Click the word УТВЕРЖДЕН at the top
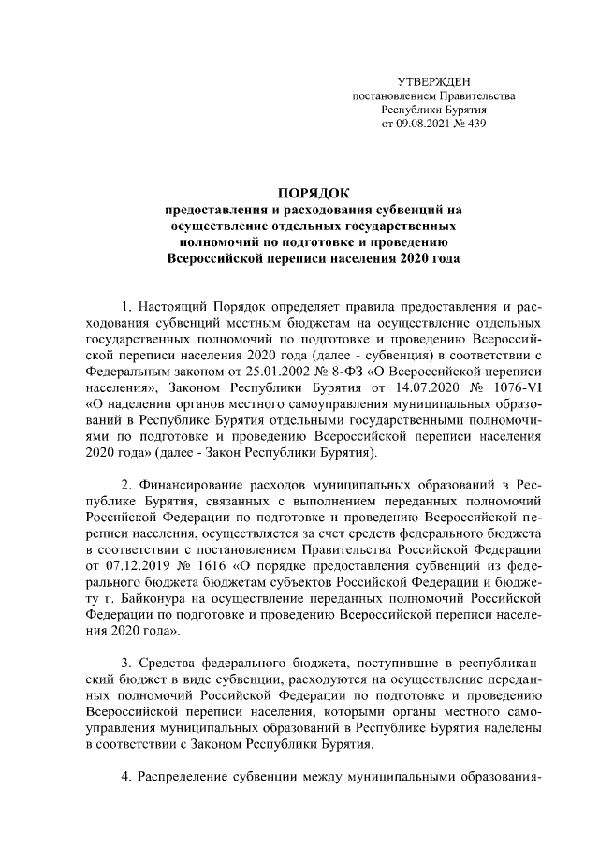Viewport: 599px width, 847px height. (x=432, y=83)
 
